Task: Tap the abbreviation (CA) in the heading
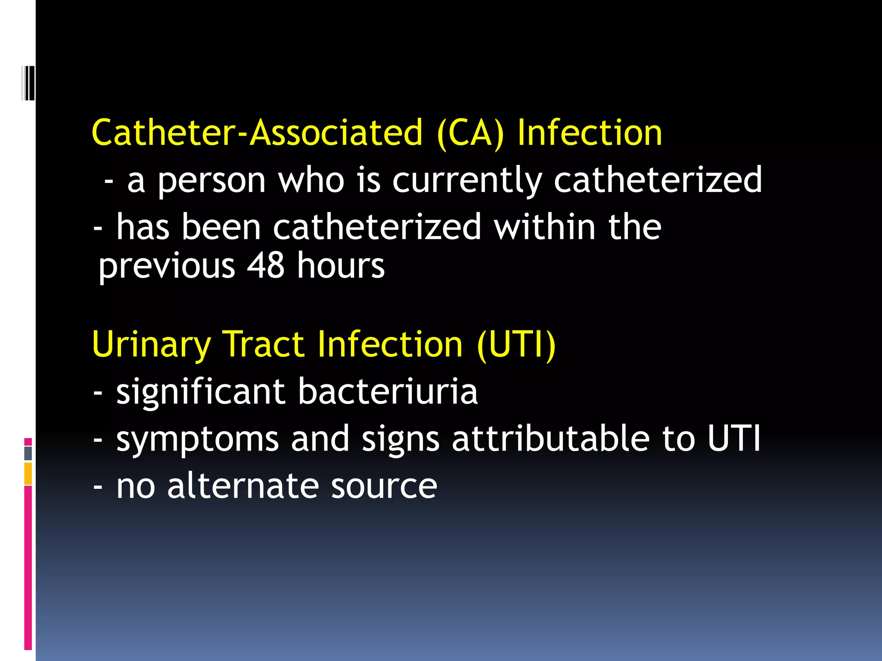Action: point(470,133)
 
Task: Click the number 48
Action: point(265,266)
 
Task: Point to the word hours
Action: point(341,266)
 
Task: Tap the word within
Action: point(545,227)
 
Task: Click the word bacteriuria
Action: point(388,391)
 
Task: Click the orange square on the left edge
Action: point(28,473)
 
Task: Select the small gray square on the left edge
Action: point(28,453)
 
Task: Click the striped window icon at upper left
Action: point(28,83)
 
